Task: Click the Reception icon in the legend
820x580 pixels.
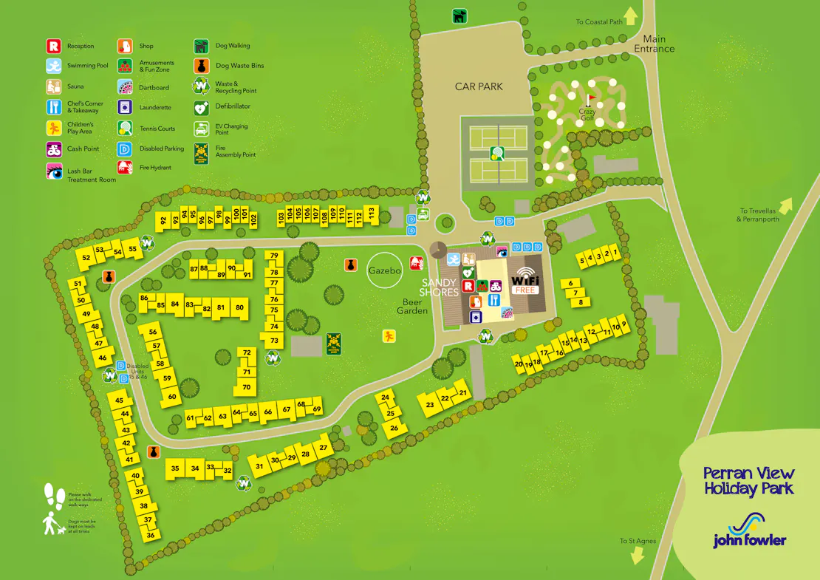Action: coord(52,46)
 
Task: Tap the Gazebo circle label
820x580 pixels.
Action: coord(384,271)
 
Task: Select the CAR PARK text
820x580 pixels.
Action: coord(479,86)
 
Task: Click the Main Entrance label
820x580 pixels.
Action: coord(654,44)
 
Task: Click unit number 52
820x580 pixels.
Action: coord(86,258)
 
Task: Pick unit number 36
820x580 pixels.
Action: coord(150,535)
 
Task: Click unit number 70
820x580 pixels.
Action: coord(247,387)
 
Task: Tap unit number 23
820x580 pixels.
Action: coord(430,405)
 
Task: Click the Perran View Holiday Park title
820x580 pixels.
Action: coord(748,480)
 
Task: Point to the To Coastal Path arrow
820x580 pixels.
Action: coord(630,16)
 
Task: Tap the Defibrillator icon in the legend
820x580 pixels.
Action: coord(200,106)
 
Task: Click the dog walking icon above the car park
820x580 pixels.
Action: coord(459,15)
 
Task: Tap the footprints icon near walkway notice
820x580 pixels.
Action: coord(53,496)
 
